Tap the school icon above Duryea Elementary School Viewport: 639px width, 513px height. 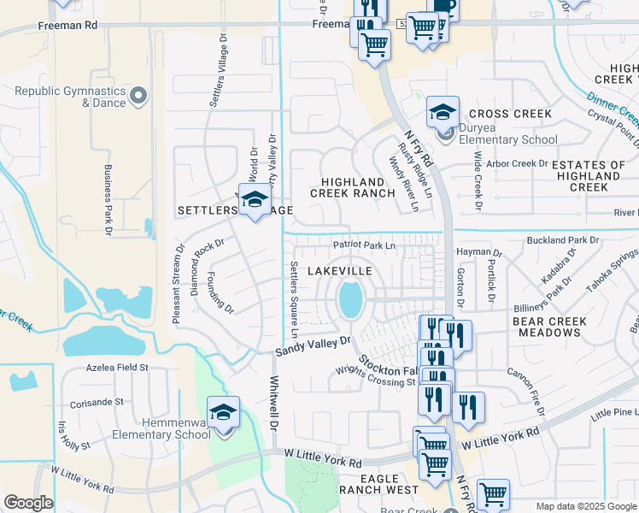443,112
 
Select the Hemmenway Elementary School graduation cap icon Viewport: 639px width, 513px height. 224,414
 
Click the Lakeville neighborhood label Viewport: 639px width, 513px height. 339,270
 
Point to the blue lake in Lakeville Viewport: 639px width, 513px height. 350,299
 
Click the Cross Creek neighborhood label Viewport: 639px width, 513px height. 510,114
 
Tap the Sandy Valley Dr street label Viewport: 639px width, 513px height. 314,346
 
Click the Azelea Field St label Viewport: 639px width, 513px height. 117,368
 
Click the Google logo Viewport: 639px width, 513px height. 28,503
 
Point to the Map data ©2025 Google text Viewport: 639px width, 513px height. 585,506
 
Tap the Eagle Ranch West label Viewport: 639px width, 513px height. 369,484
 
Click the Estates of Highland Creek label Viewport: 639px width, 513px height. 589,175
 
